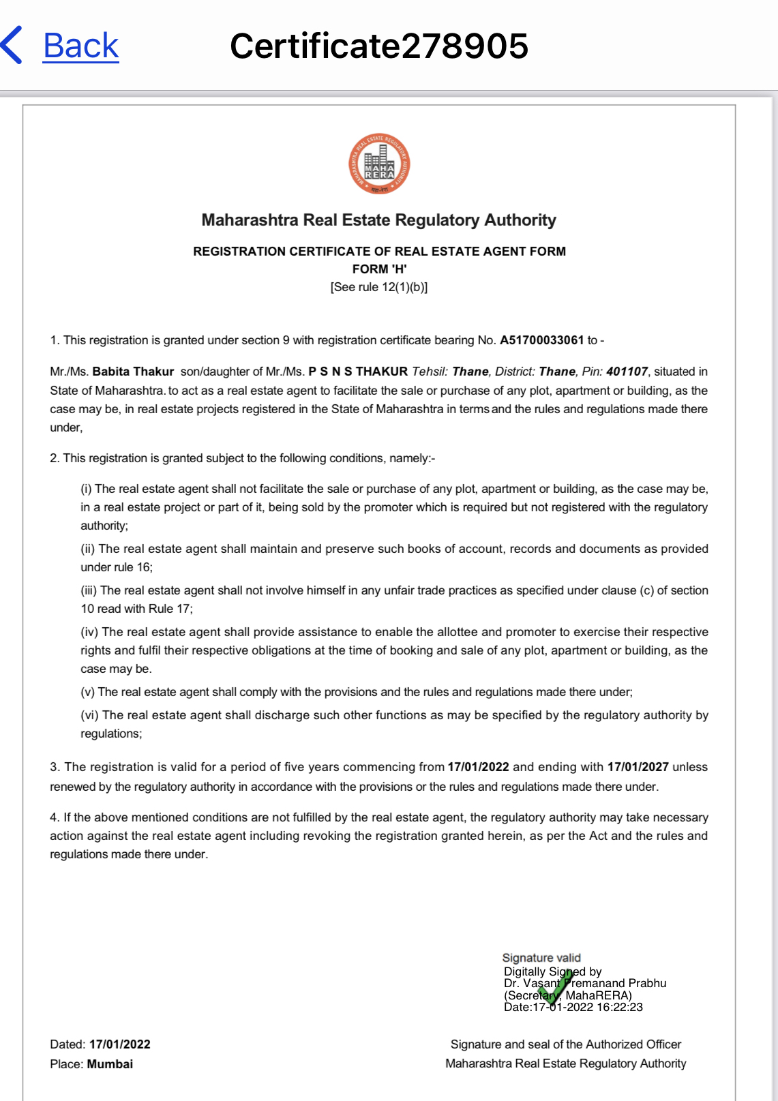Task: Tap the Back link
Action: [80, 46]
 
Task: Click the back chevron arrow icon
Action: [12, 46]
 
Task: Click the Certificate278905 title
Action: [379, 46]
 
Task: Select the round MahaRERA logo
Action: [379, 164]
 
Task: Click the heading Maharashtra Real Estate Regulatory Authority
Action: [379, 220]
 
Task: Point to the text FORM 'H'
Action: [379, 269]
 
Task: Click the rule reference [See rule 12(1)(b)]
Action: [379, 287]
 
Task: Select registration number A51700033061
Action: [542, 340]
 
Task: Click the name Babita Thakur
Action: [133, 372]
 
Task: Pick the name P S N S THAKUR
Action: [358, 372]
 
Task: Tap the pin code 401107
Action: [627, 372]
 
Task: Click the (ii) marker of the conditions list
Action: [88, 549]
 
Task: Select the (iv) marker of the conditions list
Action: [90, 632]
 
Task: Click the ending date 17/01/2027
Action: [638, 767]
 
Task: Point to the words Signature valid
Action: [541, 958]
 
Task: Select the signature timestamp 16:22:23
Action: [620, 1007]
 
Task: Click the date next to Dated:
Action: [120, 1044]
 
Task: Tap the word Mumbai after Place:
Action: [110, 1064]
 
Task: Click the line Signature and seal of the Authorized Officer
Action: [566, 1044]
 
